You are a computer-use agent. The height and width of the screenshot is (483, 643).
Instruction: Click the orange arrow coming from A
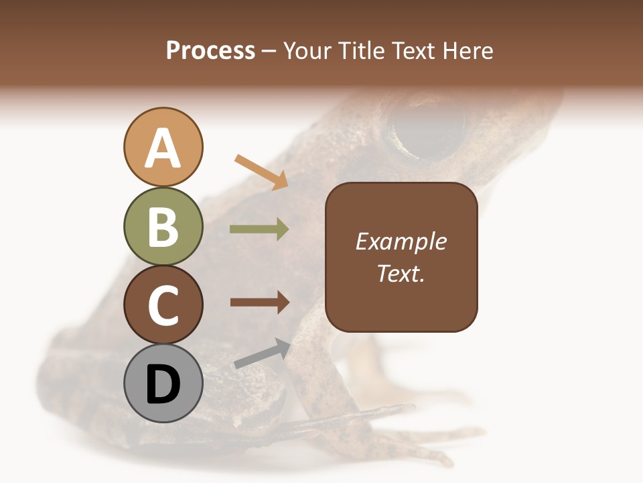[262, 171]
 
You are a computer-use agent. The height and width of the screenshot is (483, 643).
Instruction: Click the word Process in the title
[210, 50]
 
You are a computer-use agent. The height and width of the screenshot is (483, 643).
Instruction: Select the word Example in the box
[401, 241]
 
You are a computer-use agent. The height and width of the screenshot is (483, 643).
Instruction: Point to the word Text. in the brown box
[401, 273]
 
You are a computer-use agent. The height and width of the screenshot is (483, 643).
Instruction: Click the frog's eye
[429, 130]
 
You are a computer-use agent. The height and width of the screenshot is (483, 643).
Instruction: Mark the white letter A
[163, 148]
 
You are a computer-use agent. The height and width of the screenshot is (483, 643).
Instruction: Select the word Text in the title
[413, 50]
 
